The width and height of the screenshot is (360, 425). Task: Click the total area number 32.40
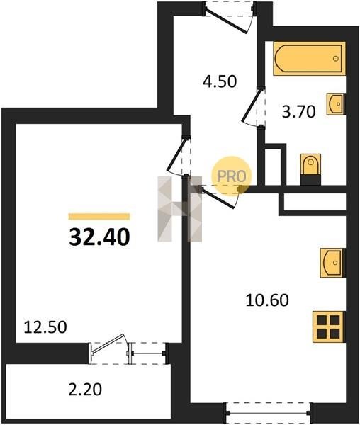click(x=99, y=237)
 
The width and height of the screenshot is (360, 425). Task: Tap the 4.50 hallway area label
click(x=220, y=81)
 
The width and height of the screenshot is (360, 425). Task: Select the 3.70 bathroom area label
click(x=299, y=112)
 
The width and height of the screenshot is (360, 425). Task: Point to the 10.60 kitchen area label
click(x=267, y=300)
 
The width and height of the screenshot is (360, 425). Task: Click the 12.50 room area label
click(x=45, y=327)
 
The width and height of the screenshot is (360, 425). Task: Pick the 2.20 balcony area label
click(x=85, y=390)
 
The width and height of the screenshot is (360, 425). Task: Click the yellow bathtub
click(x=309, y=58)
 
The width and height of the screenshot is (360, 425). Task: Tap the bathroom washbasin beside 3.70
click(x=336, y=104)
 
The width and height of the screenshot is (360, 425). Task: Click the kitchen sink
click(x=332, y=263)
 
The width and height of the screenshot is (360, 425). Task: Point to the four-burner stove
click(x=329, y=327)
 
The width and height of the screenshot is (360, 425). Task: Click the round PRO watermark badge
click(x=232, y=176)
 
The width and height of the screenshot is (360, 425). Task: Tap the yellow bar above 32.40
click(x=99, y=216)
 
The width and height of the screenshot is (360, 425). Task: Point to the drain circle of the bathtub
click(x=336, y=58)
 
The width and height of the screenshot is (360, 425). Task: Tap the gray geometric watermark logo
click(x=180, y=209)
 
